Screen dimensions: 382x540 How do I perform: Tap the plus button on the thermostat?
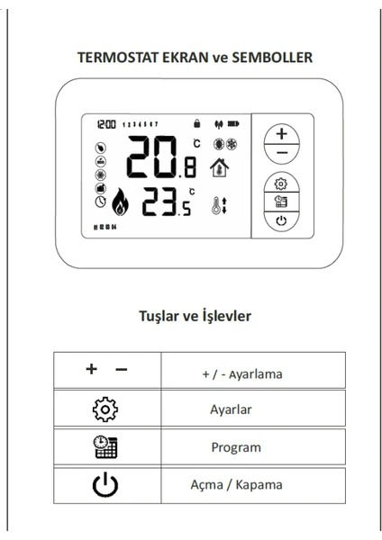(283, 134)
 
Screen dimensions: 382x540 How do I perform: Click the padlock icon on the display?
(197, 121)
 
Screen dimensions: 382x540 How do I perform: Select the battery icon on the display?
(237, 121)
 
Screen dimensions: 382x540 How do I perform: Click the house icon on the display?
(218, 168)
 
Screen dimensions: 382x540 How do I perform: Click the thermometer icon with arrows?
(217, 205)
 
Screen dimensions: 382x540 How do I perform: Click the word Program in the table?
(236, 447)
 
